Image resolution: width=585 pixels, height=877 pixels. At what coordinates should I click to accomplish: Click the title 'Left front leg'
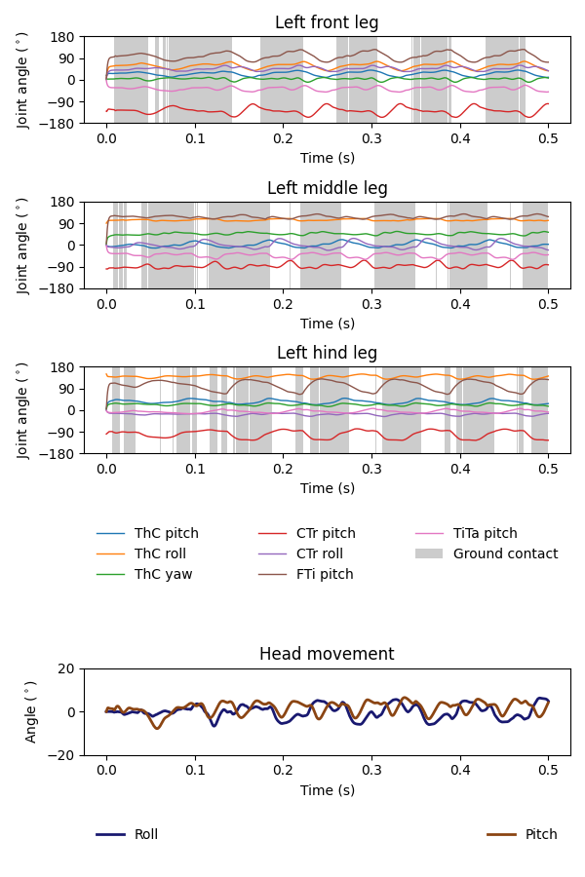coord(327,22)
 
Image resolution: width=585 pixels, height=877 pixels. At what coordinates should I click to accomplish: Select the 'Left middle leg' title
coord(327,188)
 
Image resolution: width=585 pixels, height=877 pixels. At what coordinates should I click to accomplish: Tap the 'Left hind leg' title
coord(327,353)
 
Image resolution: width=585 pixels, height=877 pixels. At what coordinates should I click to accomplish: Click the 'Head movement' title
coord(327,654)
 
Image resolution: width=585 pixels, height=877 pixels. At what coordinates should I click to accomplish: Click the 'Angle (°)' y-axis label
coord(32,711)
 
